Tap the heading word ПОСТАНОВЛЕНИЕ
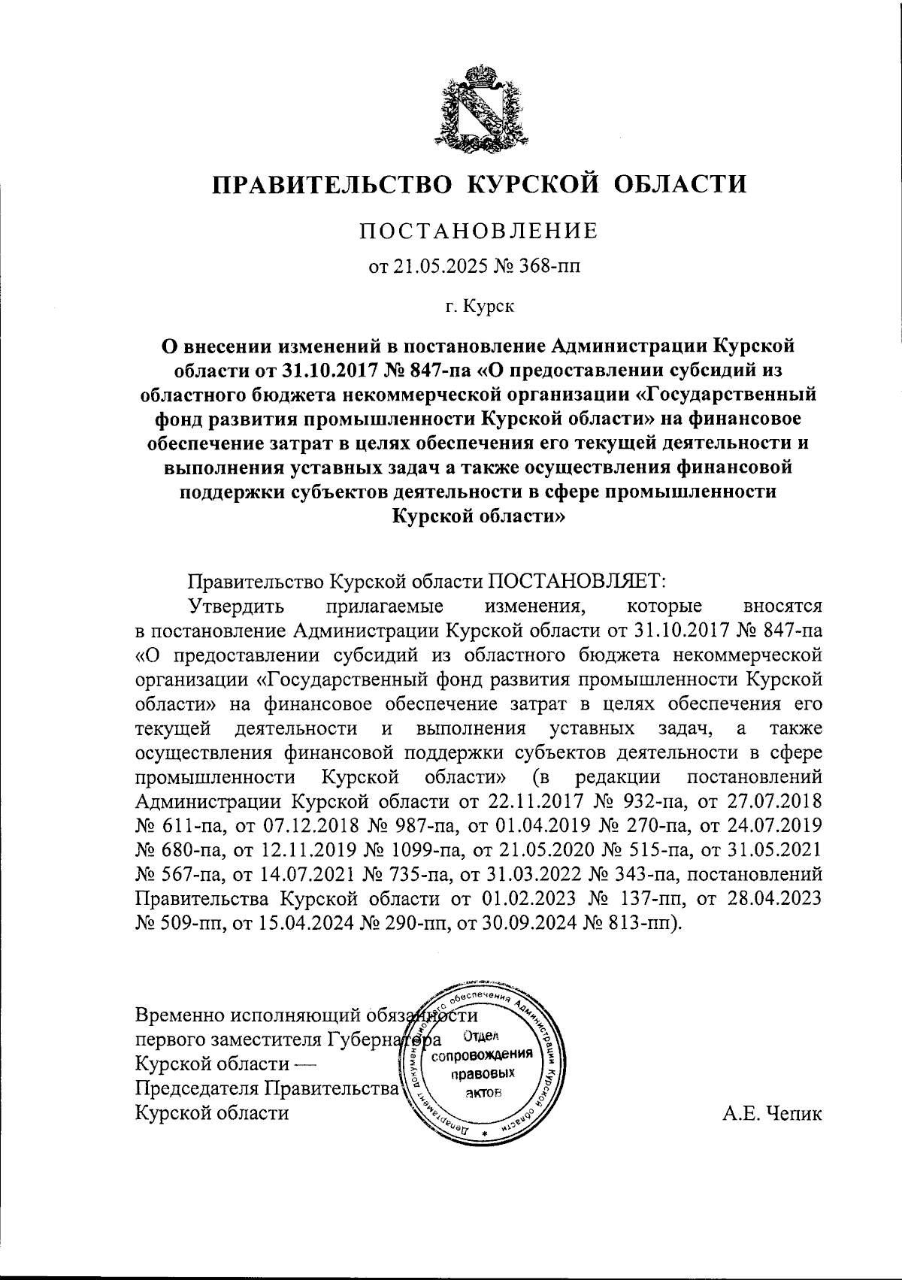click(x=478, y=231)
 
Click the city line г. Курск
click(x=479, y=306)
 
